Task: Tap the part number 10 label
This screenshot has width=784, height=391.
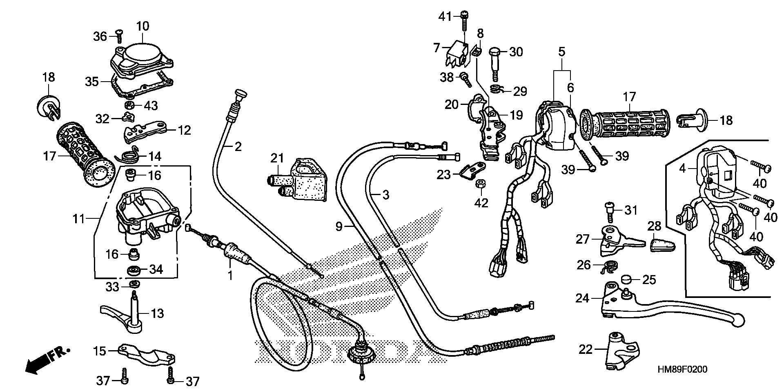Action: [143, 27]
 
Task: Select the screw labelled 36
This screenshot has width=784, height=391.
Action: [119, 37]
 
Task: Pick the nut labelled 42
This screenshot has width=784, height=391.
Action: [481, 185]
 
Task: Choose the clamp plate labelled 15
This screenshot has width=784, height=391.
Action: [147, 354]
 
